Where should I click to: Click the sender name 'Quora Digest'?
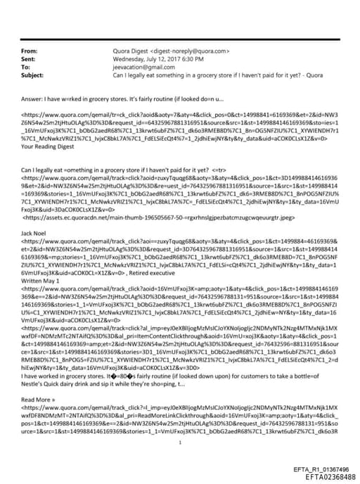[131, 51]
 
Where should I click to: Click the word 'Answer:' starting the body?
[34, 99]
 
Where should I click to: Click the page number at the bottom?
[180, 423]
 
